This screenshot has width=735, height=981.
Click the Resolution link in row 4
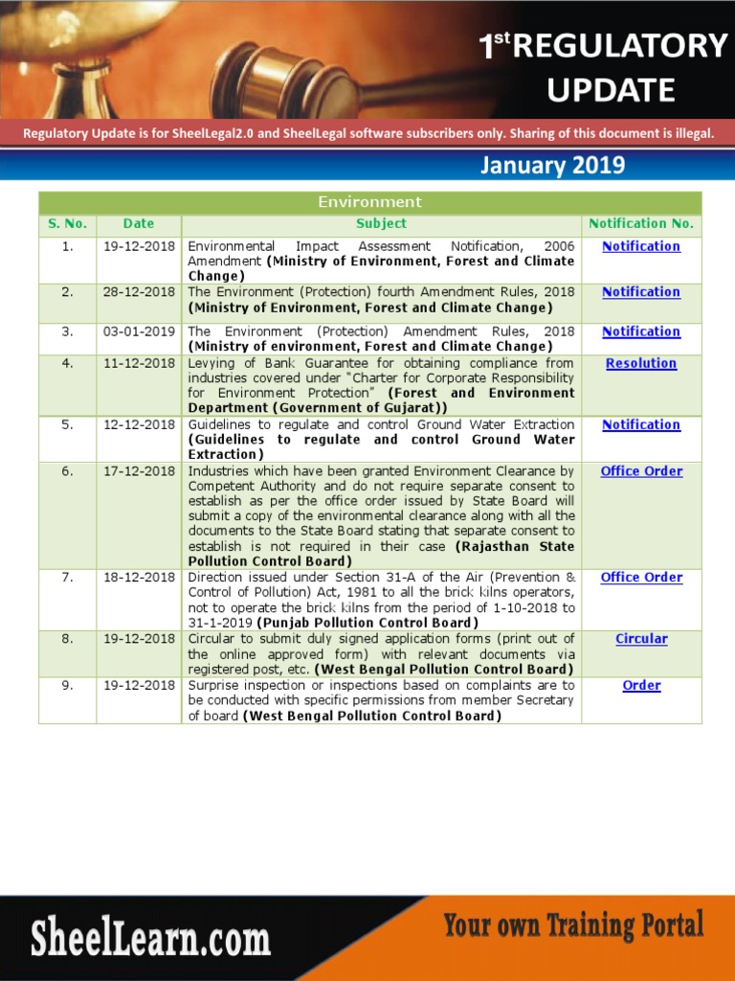tap(641, 363)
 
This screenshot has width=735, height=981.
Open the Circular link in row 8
tap(641, 639)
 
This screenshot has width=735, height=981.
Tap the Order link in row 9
tap(641, 686)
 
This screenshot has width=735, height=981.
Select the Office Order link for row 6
tap(641, 471)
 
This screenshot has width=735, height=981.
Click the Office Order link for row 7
tap(641, 578)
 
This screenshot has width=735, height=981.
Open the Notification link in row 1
tap(641, 246)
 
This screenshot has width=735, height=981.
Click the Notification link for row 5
tap(641, 424)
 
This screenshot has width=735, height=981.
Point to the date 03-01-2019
tap(139, 331)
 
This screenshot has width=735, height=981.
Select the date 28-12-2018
tap(139, 292)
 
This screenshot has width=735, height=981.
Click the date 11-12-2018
tap(139, 363)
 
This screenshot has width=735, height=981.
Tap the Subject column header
tap(381, 223)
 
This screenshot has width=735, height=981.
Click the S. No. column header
tap(67, 223)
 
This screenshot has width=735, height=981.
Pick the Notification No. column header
tap(641, 223)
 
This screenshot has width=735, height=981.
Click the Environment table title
tap(369, 202)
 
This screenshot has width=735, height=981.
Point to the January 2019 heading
tap(552, 165)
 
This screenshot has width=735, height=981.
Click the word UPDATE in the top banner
tap(611, 90)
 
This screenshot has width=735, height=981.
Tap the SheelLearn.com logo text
tap(150, 937)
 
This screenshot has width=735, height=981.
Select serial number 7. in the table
tap(67, 578)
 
